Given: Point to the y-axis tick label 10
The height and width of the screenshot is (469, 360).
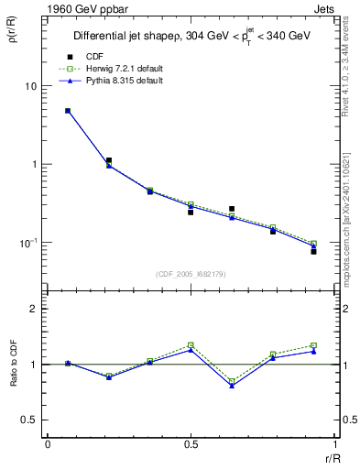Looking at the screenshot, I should tap(29, 86).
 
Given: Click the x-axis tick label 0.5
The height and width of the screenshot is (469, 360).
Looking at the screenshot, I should tap(190, 444).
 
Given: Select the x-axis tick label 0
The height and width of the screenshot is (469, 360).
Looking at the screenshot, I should tap(48, 444).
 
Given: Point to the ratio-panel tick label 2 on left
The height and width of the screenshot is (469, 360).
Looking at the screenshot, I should tap(33, 309).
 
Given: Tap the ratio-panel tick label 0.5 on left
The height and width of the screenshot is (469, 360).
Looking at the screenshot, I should tap(28, 420).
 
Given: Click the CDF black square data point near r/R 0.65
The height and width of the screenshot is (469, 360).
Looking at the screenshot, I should tap(232, 209).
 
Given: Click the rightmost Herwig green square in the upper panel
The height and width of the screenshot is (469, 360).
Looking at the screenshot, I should tap(313, 244).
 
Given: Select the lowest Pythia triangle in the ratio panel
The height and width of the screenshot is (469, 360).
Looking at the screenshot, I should tap(232, 386).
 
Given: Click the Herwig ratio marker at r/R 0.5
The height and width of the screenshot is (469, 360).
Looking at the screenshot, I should tap(191, 344).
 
